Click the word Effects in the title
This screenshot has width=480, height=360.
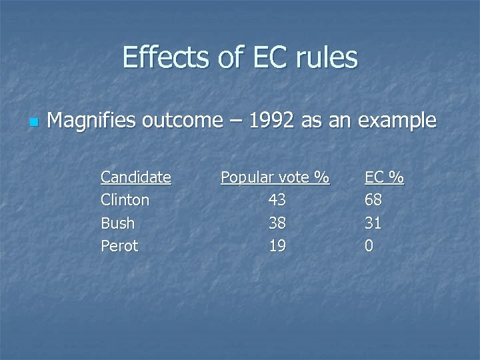pos(164,58)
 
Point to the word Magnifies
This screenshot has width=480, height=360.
pos(89,121)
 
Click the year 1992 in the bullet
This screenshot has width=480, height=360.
pos(273,121)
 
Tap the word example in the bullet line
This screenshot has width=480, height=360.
pos(397,121)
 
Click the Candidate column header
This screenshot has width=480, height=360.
pos(135,177)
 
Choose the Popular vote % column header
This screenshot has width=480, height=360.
pos(275,177)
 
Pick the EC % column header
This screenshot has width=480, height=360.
pos(384,177)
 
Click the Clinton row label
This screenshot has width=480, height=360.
pos(125,200)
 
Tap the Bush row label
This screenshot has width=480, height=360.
pos(117,223)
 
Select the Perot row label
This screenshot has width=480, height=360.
pos(119,246)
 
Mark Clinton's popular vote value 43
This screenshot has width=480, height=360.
pos(277,200)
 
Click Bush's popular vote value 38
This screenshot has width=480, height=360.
pos(277,223)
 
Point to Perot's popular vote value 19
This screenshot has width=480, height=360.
pos(277,246)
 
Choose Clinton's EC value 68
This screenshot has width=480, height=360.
pos(373,200)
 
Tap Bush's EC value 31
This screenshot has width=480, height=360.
pos(373,223)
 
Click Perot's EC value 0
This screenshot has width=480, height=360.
pos(369,246)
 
